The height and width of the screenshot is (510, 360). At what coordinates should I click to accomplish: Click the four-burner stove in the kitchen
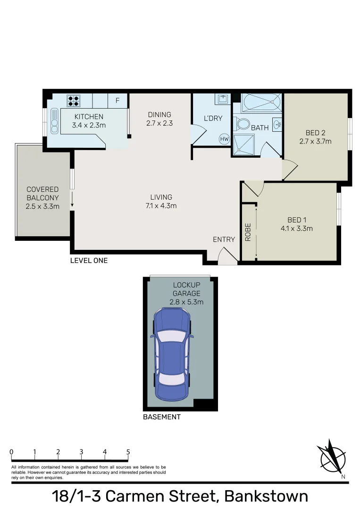click(x=73, y=101)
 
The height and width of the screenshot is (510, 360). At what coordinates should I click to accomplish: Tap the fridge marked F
click(x=117, y=101)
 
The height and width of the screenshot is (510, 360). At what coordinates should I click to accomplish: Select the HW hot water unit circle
click(x=224, y=139)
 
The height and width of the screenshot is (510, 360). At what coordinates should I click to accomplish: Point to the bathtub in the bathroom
click(x=261, y=102)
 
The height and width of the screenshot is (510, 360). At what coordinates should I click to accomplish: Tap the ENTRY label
click(x=224, y=239)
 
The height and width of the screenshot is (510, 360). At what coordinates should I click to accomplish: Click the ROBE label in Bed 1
click(x=248, y=232)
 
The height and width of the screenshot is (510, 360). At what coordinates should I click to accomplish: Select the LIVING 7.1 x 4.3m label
click(x=161, y=201)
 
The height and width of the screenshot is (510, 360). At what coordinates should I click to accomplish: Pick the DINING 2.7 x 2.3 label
click(x=159, y=119)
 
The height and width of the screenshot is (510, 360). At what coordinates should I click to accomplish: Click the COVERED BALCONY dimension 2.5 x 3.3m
click(x=42, y=206)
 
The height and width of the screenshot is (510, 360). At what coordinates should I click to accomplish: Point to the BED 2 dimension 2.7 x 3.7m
click(x=315, y=141)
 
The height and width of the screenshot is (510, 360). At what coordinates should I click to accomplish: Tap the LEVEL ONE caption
click(x=89, y=260)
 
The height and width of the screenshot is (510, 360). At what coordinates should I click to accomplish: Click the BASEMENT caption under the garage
click(x=161, y=417)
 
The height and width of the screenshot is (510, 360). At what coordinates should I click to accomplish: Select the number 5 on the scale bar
click(x=128, y=452)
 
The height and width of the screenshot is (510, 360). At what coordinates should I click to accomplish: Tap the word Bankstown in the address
click(x=266, y=496)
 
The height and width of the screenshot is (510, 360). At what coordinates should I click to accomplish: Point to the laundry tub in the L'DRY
click(x=222, y=99)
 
